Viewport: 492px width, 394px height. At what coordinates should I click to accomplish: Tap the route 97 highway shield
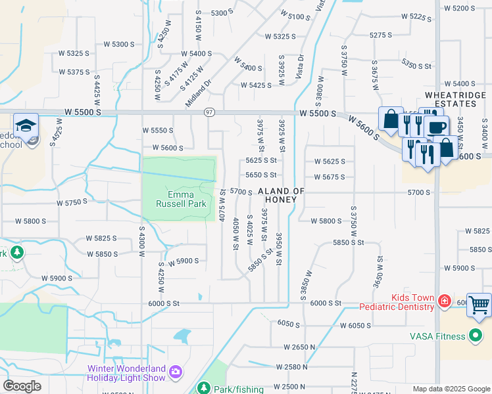point(209,112)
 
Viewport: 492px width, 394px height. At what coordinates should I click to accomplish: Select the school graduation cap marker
point(26,125)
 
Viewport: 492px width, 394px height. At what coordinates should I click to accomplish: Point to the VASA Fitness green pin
point(476,337)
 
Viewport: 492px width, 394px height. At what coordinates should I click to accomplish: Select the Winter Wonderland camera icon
point(176,372)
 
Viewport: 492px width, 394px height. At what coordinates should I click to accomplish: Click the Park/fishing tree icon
point(204,388)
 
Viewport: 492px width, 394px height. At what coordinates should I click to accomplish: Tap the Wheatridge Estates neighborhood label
point(450,99)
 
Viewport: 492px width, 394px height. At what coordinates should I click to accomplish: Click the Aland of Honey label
point(282,196)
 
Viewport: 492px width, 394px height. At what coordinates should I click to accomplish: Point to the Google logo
point(22,385)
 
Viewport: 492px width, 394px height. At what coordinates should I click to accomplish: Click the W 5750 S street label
point(72,202)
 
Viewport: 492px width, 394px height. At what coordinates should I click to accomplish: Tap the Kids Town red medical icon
point(445,301)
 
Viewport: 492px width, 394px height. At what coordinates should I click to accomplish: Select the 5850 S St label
point(349,242)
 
